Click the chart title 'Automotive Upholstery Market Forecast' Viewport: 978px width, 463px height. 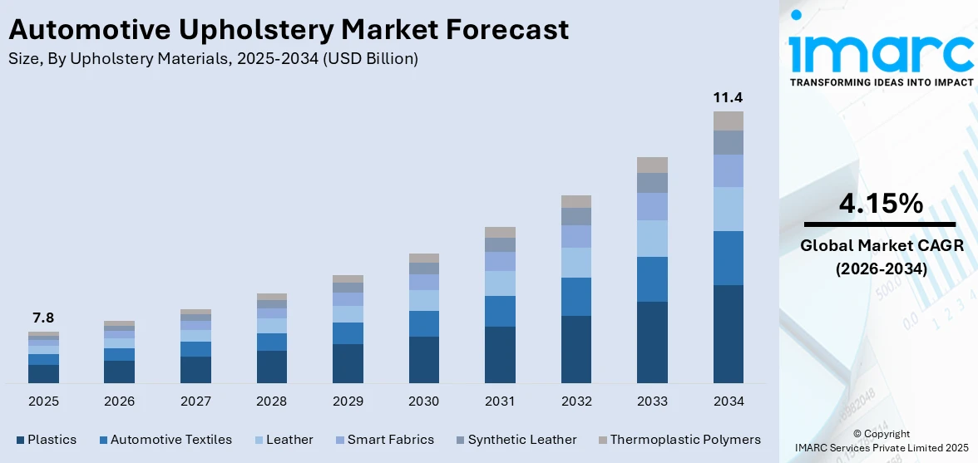pos(289,30)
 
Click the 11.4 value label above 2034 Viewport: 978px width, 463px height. pos(728,97)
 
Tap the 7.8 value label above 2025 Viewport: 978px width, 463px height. pos(43,318)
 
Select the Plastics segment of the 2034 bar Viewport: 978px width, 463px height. pos(728,333)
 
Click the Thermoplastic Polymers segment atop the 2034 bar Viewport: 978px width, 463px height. pos(728,121)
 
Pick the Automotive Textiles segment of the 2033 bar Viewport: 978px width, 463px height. pos(652,278)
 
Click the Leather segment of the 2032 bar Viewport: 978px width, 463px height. pos(575,262)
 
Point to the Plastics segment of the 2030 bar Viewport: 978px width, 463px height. pos(423,359)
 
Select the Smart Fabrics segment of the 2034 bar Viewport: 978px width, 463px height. pos(728,170)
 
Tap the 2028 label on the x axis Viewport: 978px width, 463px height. pos(271,401)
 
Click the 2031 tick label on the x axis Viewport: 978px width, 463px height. pos(500,401)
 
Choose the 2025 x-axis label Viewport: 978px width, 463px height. pos(43,401)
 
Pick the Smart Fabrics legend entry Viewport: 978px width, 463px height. pos(388,439)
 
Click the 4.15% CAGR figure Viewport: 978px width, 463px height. pos(881,203)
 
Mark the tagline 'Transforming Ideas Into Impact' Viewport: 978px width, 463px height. pos(881,82)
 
